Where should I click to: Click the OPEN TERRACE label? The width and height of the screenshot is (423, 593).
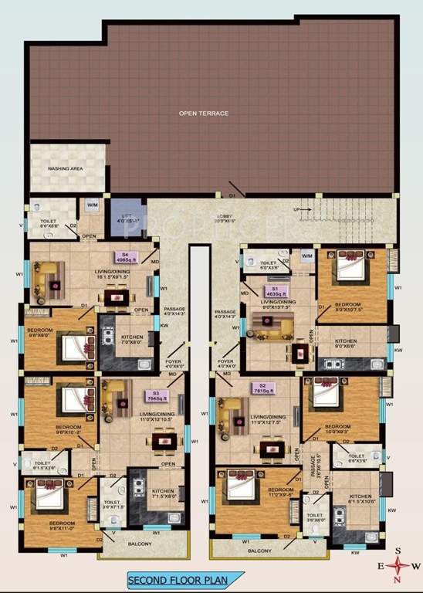[x=204, y=114]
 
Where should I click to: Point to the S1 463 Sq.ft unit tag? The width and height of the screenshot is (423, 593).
[x=273, y=290]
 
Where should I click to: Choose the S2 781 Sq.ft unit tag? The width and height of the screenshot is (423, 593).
[x=263, y=388]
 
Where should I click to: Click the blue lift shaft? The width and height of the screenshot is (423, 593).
[x=124, y=216]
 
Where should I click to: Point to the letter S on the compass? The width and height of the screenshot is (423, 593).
[x=398, y=551]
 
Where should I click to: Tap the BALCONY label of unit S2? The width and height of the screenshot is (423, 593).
[x=259, y=551]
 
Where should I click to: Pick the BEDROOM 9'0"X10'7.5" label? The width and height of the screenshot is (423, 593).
[x=348, y=308]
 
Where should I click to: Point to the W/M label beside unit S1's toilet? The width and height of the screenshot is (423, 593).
[x=306, y=256]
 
